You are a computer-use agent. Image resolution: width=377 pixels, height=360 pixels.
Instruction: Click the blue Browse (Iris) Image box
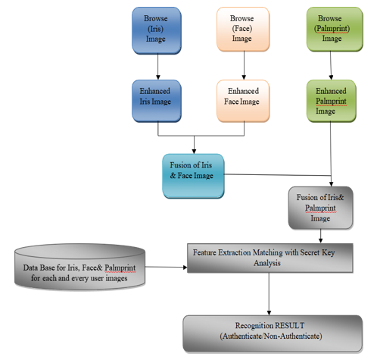click(157, 30)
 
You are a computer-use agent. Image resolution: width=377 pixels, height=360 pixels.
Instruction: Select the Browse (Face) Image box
click(243, 29)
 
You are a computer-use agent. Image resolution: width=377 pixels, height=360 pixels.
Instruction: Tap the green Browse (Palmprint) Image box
click(335, 29)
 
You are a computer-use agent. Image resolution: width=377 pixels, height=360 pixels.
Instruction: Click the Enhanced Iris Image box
click(157, 101)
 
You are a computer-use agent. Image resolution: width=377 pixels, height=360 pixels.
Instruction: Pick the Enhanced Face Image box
click(243, 101)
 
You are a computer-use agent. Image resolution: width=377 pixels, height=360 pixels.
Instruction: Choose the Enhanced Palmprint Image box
click(332, 101)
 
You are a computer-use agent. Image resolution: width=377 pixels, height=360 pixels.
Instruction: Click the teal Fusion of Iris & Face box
click(193, 176)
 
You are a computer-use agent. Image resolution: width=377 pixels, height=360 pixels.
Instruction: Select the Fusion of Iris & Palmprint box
click(320, 208)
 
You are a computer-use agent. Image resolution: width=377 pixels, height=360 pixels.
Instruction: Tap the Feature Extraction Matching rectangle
click(270, 258)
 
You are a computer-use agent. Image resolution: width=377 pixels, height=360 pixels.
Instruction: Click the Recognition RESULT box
click(273, 333)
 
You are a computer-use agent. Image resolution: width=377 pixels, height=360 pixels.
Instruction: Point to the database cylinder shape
click(79, 267)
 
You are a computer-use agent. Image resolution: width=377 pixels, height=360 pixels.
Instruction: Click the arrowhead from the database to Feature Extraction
click(185, 268)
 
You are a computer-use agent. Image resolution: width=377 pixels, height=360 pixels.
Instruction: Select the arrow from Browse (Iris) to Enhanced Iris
click(158, 67)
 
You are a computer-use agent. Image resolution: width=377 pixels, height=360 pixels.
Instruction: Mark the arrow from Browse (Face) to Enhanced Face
click(244, 65)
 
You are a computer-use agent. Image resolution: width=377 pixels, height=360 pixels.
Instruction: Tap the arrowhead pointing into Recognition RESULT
click(269, 313)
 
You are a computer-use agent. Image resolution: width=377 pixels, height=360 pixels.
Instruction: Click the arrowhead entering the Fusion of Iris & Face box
click(194, 152)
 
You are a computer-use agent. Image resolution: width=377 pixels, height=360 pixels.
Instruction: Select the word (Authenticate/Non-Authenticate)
click(271, 337)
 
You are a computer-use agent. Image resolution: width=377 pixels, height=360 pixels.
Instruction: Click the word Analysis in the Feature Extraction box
click(267, 263)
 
